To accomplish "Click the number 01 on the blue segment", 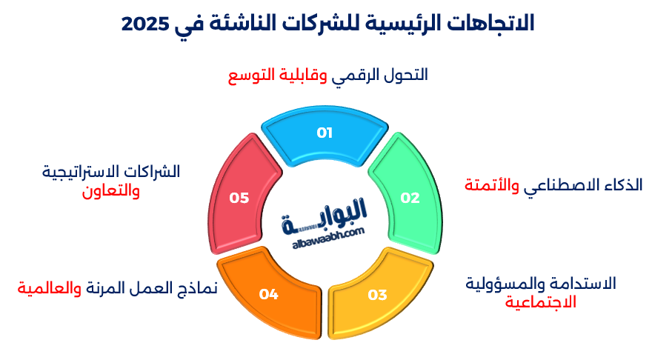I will [325, 133].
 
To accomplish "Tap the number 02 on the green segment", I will [410, 198].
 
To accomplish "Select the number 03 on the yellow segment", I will [377, 295].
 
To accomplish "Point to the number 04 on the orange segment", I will [268, 295].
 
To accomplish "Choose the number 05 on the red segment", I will [239, 198].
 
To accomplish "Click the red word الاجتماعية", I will [540, 302].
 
